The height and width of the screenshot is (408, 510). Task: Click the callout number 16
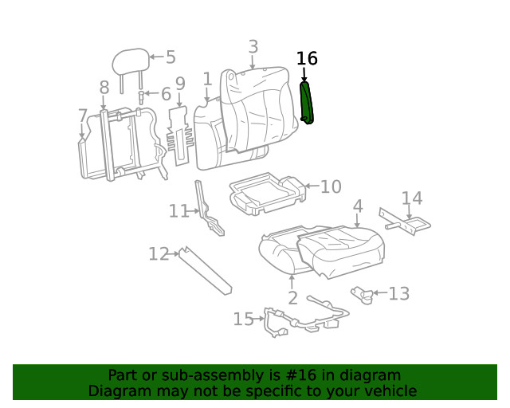tap(307, 59)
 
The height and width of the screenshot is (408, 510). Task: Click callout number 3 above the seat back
tap(253, 47)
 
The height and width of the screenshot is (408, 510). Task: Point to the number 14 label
tap(412, 198)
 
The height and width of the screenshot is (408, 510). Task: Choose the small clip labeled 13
tap(363, 295)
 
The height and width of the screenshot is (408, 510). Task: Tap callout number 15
tap(243, 320)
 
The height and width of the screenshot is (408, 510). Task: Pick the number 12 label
tap(159, 254)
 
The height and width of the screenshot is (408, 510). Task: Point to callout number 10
tap(331, 187)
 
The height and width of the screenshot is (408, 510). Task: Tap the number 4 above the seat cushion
tap(358, 206)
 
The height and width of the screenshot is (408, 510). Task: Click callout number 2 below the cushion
tap(292, 299)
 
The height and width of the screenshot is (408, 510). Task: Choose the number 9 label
tap(180, 84)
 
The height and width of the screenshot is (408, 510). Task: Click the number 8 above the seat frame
tap(104, 88)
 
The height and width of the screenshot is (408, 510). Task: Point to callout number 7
tap(83, 116)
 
